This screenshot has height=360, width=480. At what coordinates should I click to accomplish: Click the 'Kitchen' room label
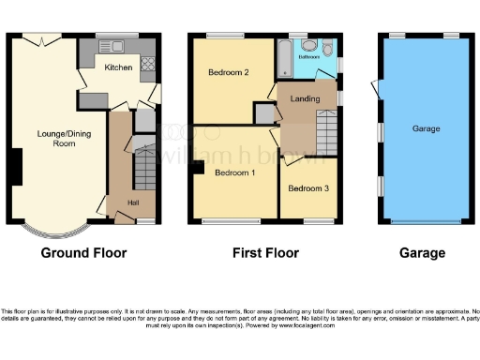point(118,67)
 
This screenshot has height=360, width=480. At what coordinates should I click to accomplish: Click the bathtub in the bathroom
point(284,59)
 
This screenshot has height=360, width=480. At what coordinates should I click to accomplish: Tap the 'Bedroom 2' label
point(228,72)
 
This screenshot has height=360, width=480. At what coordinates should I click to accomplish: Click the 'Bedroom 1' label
point(234,173)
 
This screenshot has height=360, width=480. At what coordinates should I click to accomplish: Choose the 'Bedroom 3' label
point(308,188)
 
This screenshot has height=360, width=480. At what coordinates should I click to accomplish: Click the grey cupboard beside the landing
point(265,112)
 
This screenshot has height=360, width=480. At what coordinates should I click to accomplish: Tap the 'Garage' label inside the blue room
point(426,128)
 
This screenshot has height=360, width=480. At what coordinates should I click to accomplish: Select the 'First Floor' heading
point(266,253)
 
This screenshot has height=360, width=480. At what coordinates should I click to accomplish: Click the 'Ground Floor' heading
point(84,253)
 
